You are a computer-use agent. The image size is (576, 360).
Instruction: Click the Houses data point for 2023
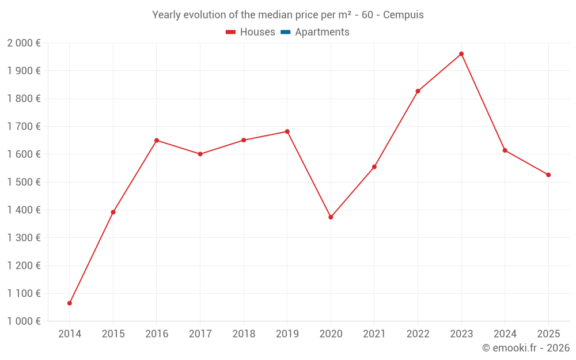point(461,54)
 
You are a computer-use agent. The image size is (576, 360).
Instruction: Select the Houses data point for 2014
point(70,303)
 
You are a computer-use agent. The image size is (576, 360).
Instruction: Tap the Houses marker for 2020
point(331,217)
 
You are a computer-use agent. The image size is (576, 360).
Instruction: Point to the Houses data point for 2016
point(157,141)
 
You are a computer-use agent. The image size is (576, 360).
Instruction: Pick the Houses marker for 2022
point(418,91)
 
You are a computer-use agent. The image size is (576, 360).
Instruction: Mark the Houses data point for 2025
point(548,175)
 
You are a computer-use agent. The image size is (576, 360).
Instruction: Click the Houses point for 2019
point(287,131)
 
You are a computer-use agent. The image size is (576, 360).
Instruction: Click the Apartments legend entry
point(321,32)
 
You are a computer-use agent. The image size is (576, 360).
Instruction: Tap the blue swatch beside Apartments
point(285,32)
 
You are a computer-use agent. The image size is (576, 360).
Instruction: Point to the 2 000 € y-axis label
point(24,43)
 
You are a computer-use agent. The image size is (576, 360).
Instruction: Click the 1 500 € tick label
point(24,182)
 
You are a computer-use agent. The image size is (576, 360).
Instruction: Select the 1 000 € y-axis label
point(24,321)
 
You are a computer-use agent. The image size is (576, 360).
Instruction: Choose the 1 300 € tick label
point(24,238)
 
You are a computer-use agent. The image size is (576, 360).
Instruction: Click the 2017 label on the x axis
point(200,334)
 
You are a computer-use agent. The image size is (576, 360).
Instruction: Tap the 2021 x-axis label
point(374,334)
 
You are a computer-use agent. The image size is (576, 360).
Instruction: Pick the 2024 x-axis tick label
point(505,334)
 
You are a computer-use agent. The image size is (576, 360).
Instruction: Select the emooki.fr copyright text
point(525,348)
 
